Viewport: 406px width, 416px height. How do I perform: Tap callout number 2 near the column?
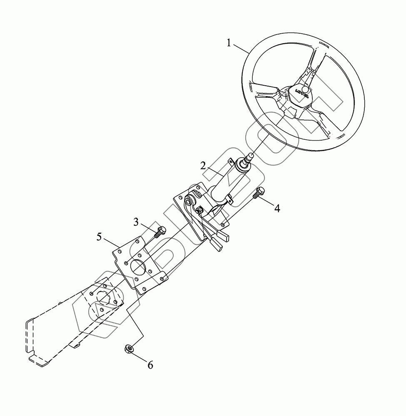[x=203, y=166]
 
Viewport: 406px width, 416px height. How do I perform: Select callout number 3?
[x=136, y=222]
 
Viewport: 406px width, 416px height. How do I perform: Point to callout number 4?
[x=276, y=208]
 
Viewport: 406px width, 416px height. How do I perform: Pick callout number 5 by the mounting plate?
[x=99, y=237]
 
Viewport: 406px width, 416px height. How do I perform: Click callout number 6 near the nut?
[x=150, y=365]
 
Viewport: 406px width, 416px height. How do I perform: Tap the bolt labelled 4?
[x=259, y=193]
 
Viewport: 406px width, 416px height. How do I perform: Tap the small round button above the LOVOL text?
[x=305, y=89]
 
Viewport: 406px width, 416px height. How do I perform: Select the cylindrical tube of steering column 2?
[x=223, y=185]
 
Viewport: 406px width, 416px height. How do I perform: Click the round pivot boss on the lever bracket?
[x=189, y=202]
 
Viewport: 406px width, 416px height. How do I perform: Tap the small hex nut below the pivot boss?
[x=199, y=211]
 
